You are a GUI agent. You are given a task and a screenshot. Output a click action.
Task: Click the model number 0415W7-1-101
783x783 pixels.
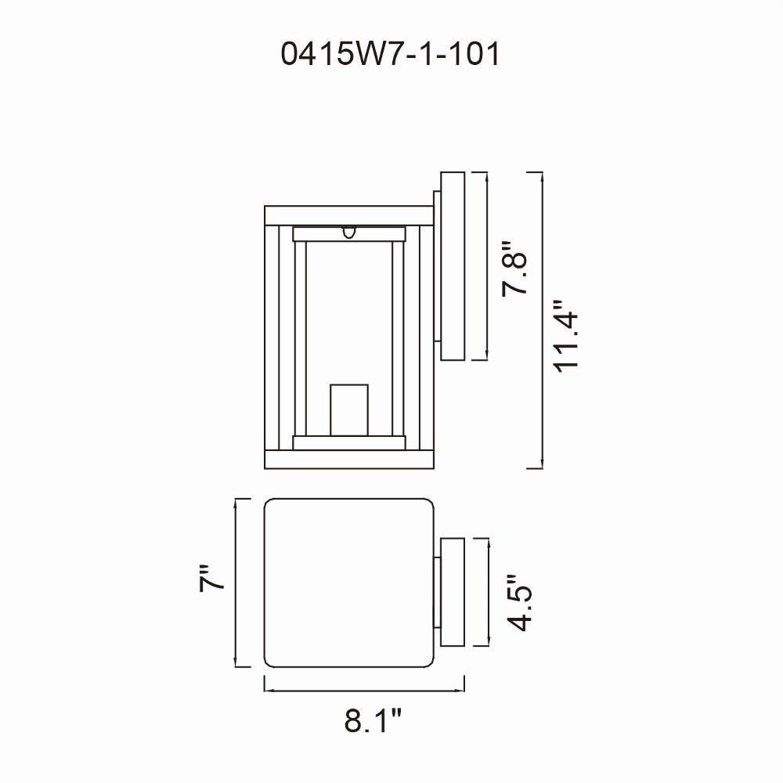pos(390,53)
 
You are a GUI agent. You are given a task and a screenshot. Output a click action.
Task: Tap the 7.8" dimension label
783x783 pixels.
pos(514,268)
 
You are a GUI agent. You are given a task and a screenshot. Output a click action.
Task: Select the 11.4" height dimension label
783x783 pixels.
pos(566,337)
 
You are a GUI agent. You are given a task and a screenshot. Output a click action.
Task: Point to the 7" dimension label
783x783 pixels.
pos(211,579)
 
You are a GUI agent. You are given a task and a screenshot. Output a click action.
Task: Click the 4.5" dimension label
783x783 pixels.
pos(519,603)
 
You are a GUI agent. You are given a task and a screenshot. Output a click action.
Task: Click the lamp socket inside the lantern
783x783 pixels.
pos(349,410)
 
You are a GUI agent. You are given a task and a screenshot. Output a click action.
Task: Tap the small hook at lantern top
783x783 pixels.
pos(349,233)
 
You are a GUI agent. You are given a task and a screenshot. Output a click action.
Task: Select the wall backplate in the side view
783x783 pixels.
pos(453,265)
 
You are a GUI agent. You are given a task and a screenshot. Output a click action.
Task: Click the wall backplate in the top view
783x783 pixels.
pos(453,592)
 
